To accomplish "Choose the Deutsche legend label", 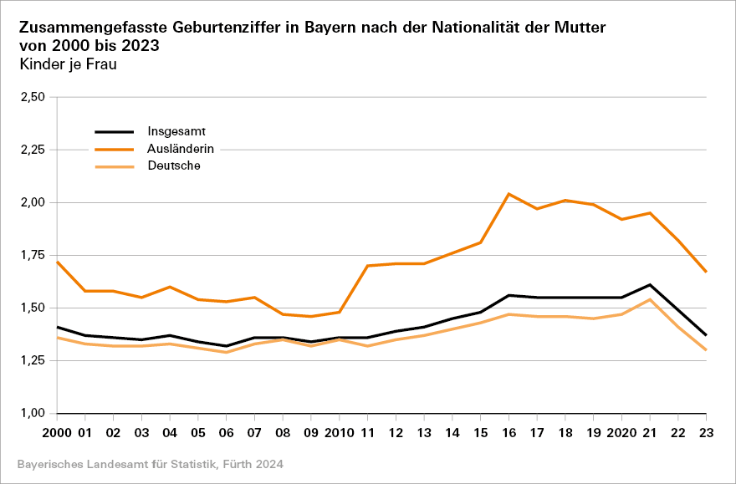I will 174,166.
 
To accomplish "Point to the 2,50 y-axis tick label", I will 31,97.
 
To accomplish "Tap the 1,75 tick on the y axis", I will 31,255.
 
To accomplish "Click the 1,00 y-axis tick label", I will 31,413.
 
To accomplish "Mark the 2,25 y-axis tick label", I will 31,150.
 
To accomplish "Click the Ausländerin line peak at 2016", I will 509,194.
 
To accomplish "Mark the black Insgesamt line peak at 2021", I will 650,284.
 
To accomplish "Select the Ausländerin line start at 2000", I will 56,262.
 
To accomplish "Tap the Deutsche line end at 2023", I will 706,349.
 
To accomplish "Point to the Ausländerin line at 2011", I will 367,266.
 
